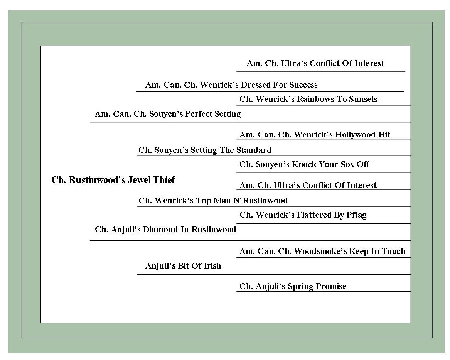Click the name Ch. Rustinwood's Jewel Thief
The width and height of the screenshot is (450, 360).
point(113,180)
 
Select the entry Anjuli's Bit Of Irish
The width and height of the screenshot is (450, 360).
point(183,266)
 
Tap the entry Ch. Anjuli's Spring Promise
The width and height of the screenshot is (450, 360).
point(293,286)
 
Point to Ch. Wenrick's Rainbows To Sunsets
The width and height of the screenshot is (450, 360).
point(308,99)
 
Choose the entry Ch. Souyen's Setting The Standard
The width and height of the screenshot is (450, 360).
point(205,150)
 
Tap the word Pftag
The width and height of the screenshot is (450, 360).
point(356,215)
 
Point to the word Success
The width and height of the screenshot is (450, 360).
point(303,85)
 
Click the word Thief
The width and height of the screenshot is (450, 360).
point(164,180)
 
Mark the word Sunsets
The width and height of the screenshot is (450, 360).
point(363,99)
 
